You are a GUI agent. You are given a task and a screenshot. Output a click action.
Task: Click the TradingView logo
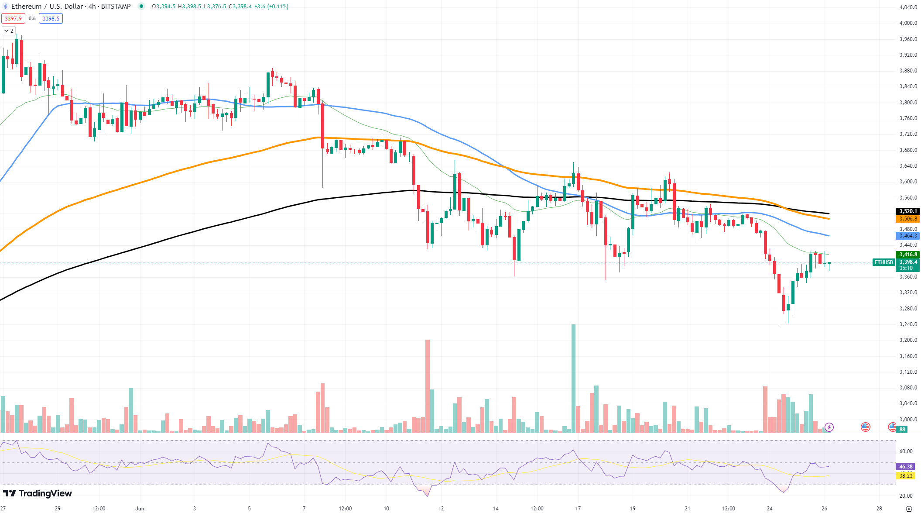[x=38, y=493]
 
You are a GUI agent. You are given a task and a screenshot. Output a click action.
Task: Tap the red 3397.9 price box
[x=13, y=18]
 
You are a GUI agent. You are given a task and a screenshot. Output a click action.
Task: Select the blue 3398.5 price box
[x=51, y=18]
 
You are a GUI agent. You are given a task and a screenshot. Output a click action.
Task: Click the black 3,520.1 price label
[x=907, y=211]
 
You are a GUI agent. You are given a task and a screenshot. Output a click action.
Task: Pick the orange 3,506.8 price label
[x=907, y=219]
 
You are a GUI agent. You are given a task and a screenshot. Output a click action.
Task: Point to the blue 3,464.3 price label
[x=907, y=236]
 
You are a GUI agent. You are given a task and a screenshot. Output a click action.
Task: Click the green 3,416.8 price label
[x=907, y=255]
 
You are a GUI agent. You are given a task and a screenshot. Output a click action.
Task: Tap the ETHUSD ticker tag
[x=883, y=262]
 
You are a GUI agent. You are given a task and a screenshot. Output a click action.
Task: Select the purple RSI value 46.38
[x=906, y=467]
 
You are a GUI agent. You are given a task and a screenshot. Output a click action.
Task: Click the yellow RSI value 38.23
[x=906, y=475]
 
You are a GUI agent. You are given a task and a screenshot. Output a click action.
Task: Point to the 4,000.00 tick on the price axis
[x=908, y=23]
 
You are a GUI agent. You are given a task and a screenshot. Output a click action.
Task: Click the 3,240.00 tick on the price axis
[x=908, y=324]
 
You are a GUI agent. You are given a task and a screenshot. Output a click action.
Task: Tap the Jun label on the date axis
[x=140, y=508]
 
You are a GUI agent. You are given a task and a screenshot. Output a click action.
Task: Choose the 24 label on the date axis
[x=770, y=508]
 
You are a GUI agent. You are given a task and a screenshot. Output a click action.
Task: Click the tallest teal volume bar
[x=573, y=378]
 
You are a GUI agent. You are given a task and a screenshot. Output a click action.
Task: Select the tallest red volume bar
[x=428, y=386]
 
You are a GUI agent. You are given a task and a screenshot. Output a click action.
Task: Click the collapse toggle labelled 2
[x=9, y=31]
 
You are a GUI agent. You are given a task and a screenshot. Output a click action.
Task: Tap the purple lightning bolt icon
[x=829, y=427]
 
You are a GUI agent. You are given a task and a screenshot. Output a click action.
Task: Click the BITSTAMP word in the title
[x=116, y=7]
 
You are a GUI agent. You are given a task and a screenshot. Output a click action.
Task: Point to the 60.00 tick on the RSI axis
[x=906, y=451]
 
